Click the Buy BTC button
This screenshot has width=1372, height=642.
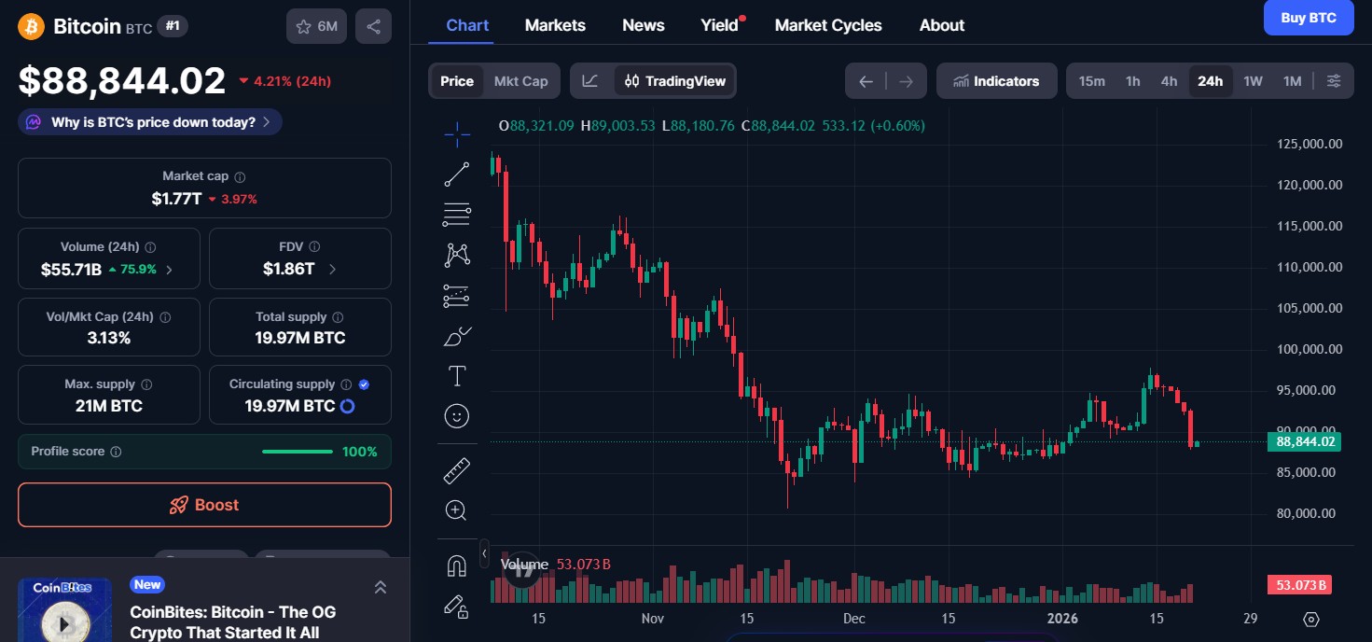click(x=1308, y=18)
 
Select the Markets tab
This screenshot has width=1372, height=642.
click(x=555, y=25)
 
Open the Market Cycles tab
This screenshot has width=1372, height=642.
click(x=827, y=25)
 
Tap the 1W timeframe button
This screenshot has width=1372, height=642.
click(x=1253, y=81)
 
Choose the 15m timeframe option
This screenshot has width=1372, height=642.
click(x=1091, y=81)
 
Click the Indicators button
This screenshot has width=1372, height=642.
click(x=996, y=81)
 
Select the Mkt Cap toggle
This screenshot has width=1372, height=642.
click(x=520, y=81)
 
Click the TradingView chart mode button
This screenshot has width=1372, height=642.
click(x=675, y=81)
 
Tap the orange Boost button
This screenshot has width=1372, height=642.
click(x=204, y=505)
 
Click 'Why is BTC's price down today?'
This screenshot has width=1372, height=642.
click(x=152, y=122)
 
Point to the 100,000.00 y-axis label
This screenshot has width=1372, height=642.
click(x=1310, y=349)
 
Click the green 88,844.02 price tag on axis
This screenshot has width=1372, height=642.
click(x=1305, y=441)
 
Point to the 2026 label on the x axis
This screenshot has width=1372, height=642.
click(x=1061, y=618)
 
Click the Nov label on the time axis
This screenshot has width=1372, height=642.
click(x=653, y=618)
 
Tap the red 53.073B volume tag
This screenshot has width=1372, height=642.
click(x=1299, y=585)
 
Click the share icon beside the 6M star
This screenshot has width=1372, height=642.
click(x=373, y=26)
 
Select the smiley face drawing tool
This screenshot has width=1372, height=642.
click(x=457, y=416)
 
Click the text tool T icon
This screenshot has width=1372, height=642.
click(x=457, y=376)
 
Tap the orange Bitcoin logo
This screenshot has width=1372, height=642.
click(x=31, y=26)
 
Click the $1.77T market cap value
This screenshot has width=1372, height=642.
click(x=176, y=199)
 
